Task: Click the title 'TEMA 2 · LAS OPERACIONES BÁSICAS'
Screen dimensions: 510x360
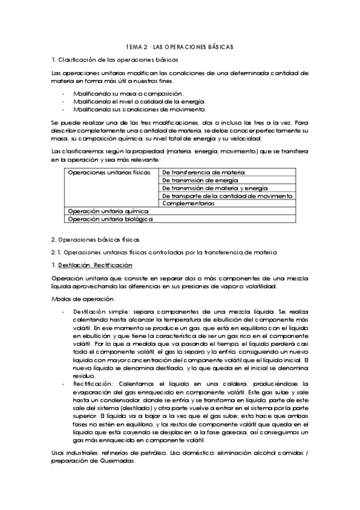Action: pos(180,46)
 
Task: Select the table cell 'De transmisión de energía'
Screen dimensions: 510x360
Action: pos(200,180)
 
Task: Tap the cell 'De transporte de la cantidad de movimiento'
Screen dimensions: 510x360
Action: pos(227,195)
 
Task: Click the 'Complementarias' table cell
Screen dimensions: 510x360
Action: pos(188,203)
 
